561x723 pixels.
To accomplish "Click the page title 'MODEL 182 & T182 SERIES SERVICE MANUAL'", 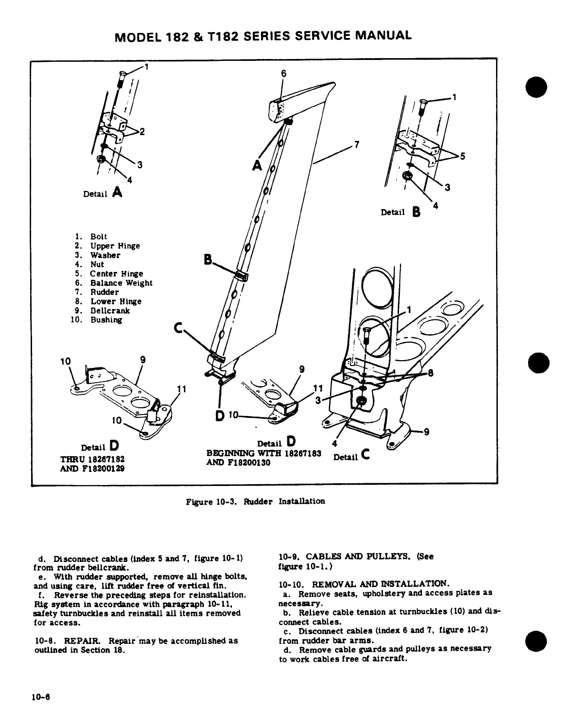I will click(x=263, y=35).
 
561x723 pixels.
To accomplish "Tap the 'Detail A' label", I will click(x=103, y=193).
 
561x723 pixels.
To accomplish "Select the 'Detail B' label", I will click(x=400, y=212).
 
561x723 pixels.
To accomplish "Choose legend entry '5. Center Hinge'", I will click(x=108, y=274).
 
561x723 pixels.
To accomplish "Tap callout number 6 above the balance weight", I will click(x=283, y=73).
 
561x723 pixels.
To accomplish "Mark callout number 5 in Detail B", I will click(x=463, y=156).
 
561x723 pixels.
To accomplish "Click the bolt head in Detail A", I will click(x=122, y=74).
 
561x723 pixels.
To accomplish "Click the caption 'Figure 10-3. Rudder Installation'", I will click(x=255, y=502).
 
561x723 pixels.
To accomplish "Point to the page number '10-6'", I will click(x=40, y=697).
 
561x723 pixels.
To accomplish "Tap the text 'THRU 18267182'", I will click(x=93, y=459).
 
